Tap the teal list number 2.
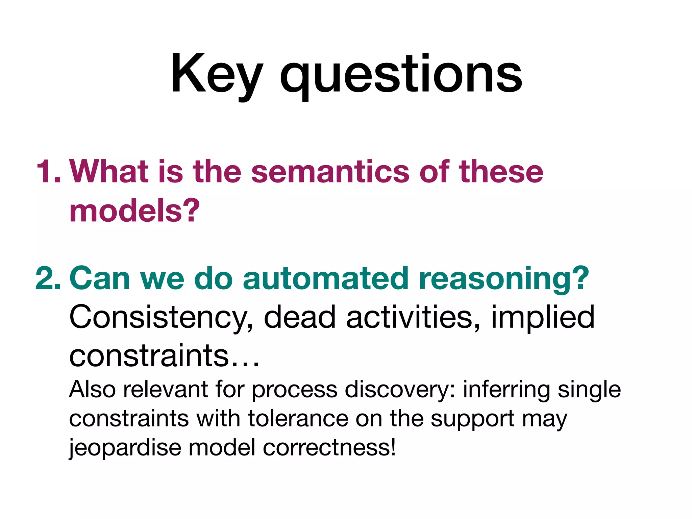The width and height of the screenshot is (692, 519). click(48, 278)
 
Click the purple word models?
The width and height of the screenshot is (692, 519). click(134, 211)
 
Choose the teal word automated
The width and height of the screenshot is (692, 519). click(325, 278)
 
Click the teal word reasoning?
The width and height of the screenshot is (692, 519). click(503, 279)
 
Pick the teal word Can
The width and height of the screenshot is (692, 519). click(100, 278)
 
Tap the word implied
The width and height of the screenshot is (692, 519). click(542, 318)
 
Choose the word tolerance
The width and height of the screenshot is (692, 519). click(298, 419)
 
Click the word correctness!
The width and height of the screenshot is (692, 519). click(329, 447)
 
